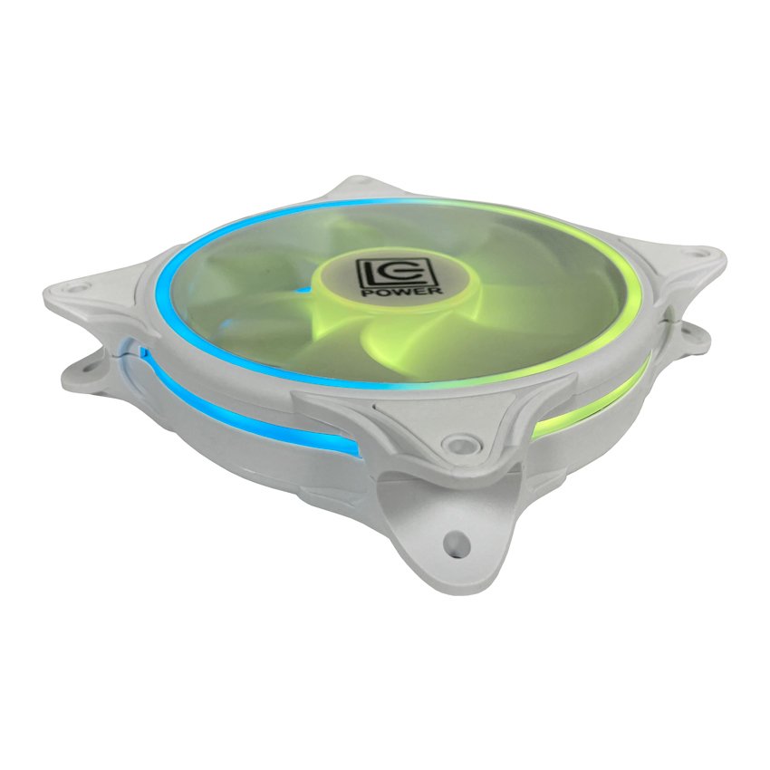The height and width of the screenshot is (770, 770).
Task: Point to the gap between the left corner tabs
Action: [91, 335]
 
